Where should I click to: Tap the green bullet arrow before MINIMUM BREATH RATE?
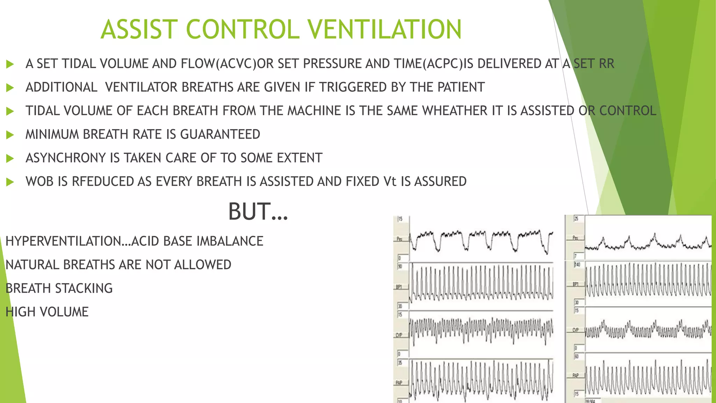(10, 135)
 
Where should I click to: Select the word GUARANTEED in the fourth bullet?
(220, 134)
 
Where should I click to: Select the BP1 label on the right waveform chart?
(575, 284)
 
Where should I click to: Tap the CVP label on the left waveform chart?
(399, 335)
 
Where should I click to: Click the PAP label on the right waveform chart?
(575, 375)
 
